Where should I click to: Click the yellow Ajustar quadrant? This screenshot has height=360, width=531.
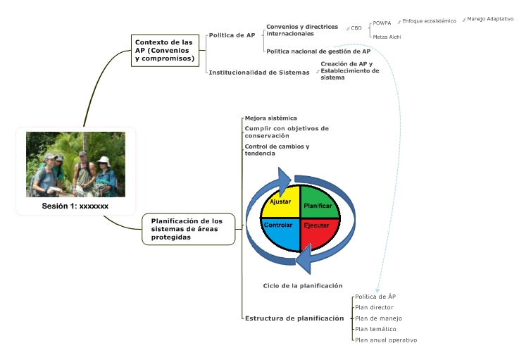[x=280, y=202]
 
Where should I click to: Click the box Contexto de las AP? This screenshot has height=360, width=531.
[x=165, y=50]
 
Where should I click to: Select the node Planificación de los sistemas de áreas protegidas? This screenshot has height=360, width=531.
[x=188, y=229]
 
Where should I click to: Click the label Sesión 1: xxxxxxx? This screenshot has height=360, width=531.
[x=75, y=206]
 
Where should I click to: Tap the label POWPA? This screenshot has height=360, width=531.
[x=382, y=23]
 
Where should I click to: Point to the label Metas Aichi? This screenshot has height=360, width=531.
[x=387, y=37]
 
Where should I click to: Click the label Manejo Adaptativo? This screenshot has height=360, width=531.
[x=490, y=19]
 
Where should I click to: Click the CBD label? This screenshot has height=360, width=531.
[x=356, y=28]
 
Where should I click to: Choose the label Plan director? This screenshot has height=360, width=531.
[x=374, y=307]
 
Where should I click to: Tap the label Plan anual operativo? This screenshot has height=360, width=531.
[x=386, y=340]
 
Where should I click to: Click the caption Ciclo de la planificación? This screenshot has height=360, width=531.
[x=303, y=285]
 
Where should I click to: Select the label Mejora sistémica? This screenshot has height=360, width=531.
[x=270, y=118]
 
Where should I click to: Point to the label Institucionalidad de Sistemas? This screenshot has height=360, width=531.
[x=259, y=72]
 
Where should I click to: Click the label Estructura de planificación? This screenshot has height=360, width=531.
[x=294, y=318]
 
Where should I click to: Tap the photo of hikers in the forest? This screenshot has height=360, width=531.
[x=75, y=164]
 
